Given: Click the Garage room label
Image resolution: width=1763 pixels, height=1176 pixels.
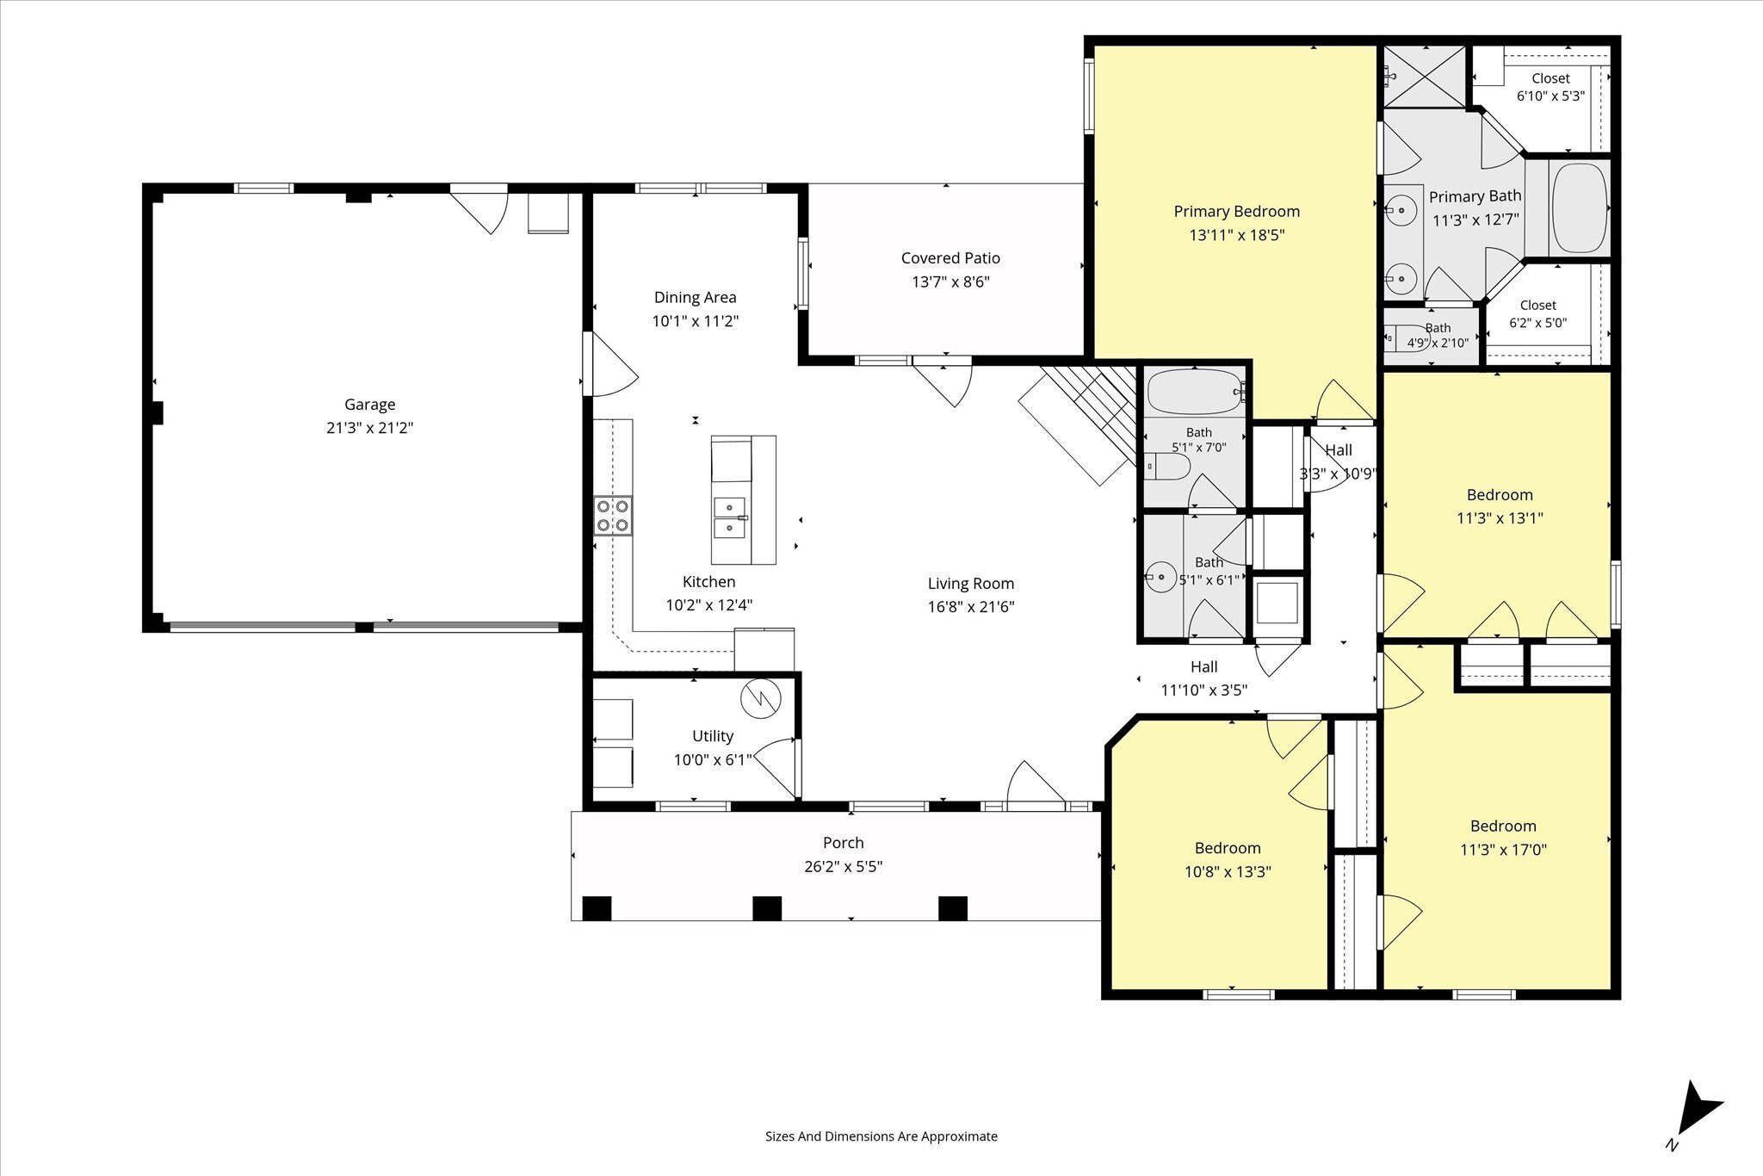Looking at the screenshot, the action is (370, 405).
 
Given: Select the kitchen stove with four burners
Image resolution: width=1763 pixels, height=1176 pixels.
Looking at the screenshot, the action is (612, 516).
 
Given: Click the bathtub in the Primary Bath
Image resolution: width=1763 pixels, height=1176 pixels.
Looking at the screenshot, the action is (1579, 207).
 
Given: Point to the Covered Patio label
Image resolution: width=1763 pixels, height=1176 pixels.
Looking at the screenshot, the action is (950, 258).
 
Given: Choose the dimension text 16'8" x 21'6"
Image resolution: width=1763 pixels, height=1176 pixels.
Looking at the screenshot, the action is (971, 607).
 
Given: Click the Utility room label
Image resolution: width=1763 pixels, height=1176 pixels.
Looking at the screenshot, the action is (713, 736).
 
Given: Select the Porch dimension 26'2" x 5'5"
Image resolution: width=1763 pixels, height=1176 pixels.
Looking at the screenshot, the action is (844, 866).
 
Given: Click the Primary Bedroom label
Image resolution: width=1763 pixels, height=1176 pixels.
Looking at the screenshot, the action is (1237, 212).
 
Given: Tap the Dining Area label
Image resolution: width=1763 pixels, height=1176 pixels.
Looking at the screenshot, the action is (696, 298).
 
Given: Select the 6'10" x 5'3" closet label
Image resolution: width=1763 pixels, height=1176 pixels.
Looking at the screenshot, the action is (1550, 96).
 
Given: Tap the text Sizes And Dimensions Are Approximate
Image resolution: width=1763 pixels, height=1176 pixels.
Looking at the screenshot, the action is (881, 1136).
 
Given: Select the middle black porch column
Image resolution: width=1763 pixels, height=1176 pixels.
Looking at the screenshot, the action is (767, 908).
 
